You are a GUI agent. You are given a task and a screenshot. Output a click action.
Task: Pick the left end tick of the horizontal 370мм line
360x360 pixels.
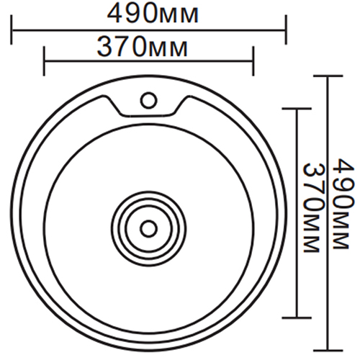[x=45, y=61]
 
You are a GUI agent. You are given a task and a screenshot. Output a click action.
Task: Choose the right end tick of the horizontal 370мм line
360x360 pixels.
[x=253, y=61]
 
